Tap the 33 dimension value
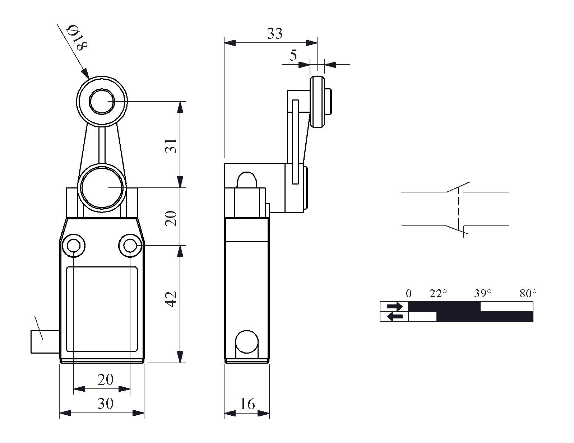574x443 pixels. [275, 34]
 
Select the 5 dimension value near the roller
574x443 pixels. [293, 56]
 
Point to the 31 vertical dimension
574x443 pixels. [173, 145]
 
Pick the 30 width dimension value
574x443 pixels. [105, 404]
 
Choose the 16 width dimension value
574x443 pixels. [247, 404]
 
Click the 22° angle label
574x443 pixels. [438, 294]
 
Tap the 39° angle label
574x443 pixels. [482, 294]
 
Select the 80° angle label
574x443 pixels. [528, 294]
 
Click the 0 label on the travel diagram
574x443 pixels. [409, 294]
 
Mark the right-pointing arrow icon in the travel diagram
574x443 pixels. [394, 307]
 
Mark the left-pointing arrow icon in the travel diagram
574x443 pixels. [394, 317]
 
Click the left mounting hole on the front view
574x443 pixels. [73, 246]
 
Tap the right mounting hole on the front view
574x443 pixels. [130, 246]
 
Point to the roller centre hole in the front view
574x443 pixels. [102, 102]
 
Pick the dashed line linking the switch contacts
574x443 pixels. [458, 209]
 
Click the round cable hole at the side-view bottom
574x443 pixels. [247, 341]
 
